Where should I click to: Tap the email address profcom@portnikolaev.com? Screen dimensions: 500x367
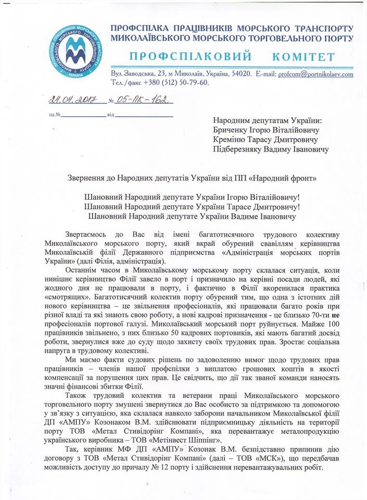(x=308, y=74)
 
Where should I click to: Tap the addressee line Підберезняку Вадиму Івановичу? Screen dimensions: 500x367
(x=271, y=150)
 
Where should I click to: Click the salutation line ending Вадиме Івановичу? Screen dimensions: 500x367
(x=193, y=216)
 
